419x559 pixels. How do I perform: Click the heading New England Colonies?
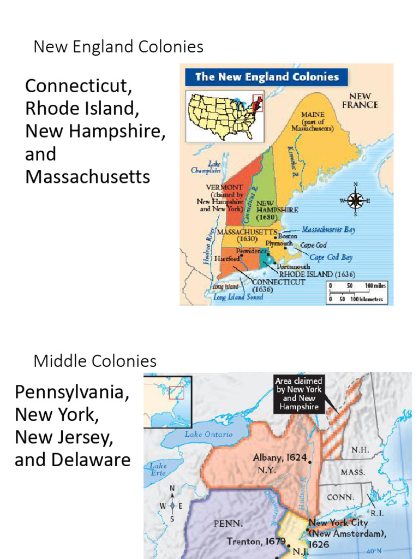point(118,47)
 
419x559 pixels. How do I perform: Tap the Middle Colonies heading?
point(95,361)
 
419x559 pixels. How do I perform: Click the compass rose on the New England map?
point(356,200)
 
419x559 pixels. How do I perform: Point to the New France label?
point(360,100)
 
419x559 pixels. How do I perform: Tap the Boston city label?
point(288,236)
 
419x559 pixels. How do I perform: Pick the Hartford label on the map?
point(226,258)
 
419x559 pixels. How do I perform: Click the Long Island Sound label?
point(238,297)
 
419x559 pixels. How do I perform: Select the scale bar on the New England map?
point(357,292)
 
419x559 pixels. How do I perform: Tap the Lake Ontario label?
point(208,435)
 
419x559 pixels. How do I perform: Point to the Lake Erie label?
point(158,469)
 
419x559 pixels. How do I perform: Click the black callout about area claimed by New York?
point(298,393)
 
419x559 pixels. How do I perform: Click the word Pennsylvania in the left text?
point(72,393)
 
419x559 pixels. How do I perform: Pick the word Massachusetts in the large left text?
point(87,176)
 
